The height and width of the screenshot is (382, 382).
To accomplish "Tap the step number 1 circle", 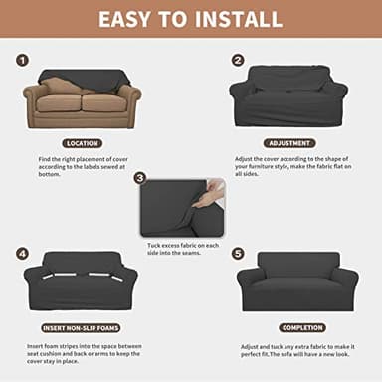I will (22, 61).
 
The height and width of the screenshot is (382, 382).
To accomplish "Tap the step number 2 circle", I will (238, 60).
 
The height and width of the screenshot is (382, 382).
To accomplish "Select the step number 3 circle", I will (140, 178).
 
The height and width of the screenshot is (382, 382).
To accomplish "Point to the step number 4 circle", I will (22, 253).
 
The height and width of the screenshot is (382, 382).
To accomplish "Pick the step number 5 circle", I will (238, 253).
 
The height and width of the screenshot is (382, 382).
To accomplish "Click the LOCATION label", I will (82, 143).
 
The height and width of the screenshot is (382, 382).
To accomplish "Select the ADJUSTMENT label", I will (288, 143).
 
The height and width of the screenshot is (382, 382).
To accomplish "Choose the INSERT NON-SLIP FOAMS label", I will (82, 327).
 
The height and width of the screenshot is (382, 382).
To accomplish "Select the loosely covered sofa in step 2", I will (288, 96).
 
